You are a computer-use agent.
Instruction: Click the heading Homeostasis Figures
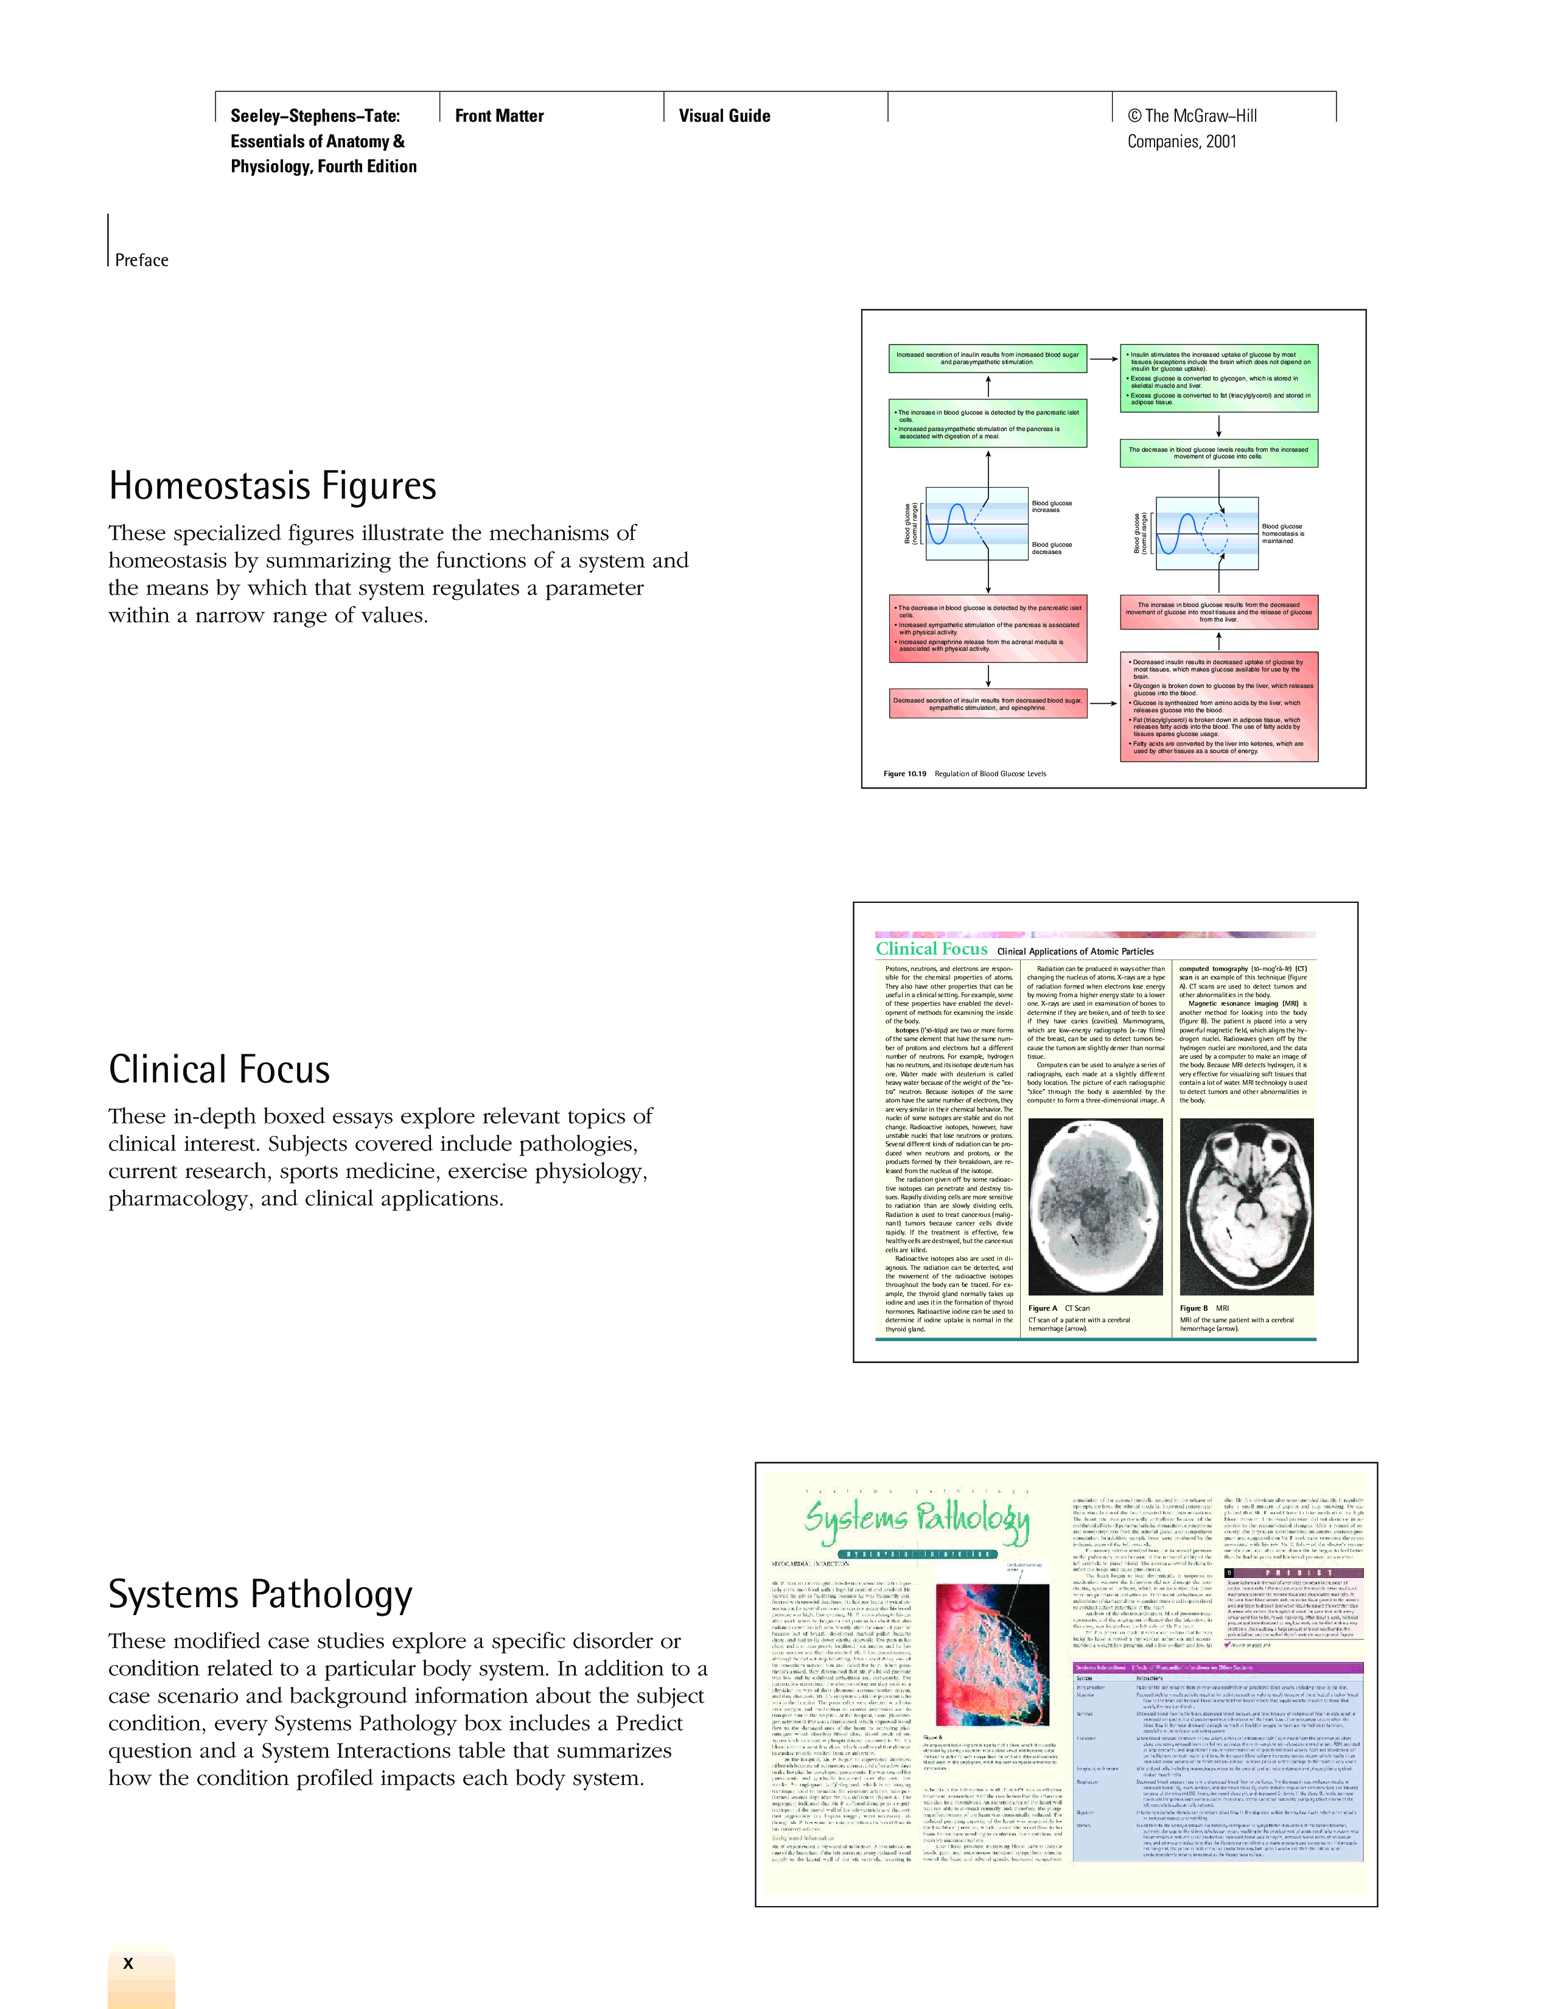point(272,486)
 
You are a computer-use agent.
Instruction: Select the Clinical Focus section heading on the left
point(219,1070)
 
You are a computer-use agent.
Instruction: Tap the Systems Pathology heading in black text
point(260,1594)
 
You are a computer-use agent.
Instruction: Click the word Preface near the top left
point(142,261)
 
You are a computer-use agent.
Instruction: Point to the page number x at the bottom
point(128,1963)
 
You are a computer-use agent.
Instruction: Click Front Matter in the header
point(499,116)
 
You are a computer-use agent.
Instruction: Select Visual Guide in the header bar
point(724,116)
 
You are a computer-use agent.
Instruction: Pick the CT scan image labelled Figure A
point(1094,1206)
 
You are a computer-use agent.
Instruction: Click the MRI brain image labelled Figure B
point(1246,1206)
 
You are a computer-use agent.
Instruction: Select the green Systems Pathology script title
point(916,1519)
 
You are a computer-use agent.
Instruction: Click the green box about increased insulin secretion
point(987,359)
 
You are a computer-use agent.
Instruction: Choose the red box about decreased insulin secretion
point(987,704)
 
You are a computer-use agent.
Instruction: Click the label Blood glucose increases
point(1051,507)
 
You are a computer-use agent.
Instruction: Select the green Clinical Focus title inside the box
point(931,949)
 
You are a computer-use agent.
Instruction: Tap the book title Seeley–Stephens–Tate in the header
point(315,116)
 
